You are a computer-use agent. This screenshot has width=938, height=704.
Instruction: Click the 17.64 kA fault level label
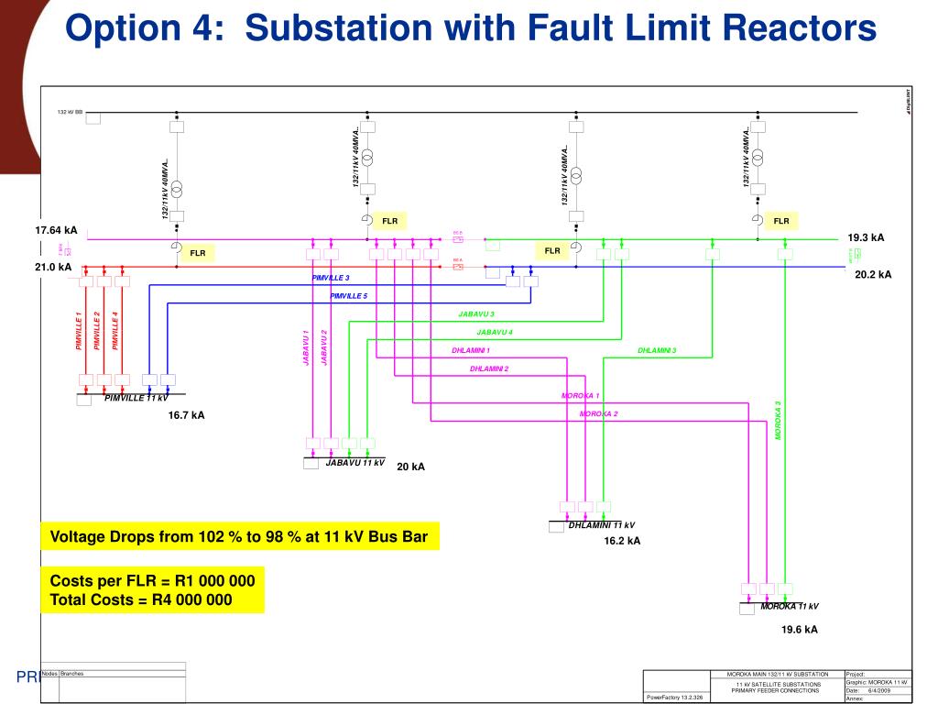click(x=56, y=230)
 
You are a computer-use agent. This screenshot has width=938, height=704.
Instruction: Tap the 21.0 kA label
click(x=52, y=267)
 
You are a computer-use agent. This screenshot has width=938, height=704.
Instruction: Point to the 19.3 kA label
click(x=866, y=237)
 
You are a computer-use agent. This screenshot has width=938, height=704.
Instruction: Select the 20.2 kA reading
click(x=873, y=273)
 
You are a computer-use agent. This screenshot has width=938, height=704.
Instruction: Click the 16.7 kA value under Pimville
click(x=186, y=415)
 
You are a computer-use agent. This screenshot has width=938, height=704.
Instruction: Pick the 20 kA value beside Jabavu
click(x=410, y=467)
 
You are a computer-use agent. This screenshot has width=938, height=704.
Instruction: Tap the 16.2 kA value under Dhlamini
click(x=622, y=541)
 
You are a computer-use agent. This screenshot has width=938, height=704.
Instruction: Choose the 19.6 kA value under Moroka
click(x=799, y=630)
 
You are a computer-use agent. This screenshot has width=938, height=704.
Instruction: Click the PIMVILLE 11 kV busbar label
click(x=136, y=398)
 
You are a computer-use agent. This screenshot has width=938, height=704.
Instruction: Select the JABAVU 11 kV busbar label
click(x=354, y=463)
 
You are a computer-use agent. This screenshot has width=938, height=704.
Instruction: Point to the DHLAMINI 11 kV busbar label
click(x=601, y=525)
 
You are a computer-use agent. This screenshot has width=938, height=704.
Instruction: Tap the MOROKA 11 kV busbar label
click(x=789, y=607)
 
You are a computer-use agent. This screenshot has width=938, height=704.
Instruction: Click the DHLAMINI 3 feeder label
click(x=657, y=350)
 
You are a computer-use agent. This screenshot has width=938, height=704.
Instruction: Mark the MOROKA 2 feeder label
click(x=599, y=414)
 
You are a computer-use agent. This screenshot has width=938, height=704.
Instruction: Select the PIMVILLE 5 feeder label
click(x=348, y=296)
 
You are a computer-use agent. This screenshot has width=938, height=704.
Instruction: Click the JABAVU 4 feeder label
click(x=495, y=332)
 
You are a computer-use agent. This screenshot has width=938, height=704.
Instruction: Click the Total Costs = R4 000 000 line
click(x=141, y=600)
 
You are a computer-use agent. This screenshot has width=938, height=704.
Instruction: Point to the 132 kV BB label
click(x=70, y=112)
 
